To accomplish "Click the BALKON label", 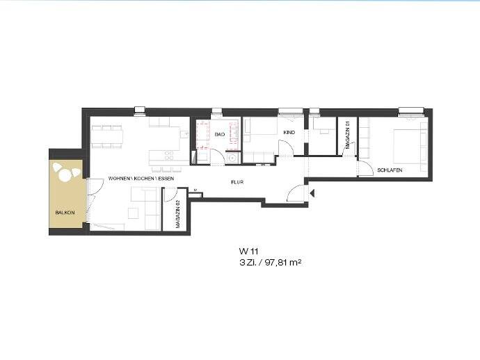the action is [x=65, y=213].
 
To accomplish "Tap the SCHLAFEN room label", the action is [x=390, y=170].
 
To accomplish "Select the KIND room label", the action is [x=289, y=133].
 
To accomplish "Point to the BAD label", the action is [x=220, y=134].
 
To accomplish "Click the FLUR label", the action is [x=237, y=182].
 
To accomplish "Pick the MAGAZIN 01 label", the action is [x=347, y=134].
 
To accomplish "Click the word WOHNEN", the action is [x=118, y=179].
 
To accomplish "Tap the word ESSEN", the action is [x=166, y=179].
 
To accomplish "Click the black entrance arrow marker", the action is [x=312, y=193].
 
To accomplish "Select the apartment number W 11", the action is [x=248, y=252].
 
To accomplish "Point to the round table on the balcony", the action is [x=65, y=175].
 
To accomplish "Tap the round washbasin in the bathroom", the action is [x=233, y=158].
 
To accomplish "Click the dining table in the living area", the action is [x=107, y=136].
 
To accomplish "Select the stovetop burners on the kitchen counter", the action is [x=169, y=156].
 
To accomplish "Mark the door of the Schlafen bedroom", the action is [x=365, y=169].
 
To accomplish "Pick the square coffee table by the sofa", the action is [x=133, y=213].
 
